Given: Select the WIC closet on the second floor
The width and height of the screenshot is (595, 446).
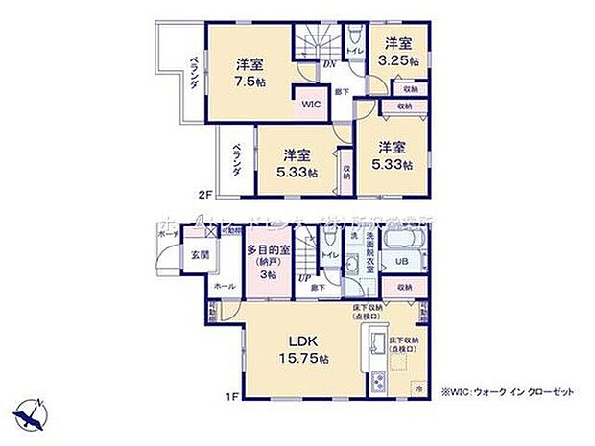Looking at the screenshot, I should [x=314, y=102].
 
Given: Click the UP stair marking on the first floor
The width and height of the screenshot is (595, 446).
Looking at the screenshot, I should [x=304, y=278].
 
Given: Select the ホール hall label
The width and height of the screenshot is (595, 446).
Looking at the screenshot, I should [x=223, y=286].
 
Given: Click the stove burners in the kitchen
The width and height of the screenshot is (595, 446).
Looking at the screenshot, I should [x=375, y=380].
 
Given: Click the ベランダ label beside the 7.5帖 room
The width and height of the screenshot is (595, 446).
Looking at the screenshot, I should [x=195, y=73].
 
